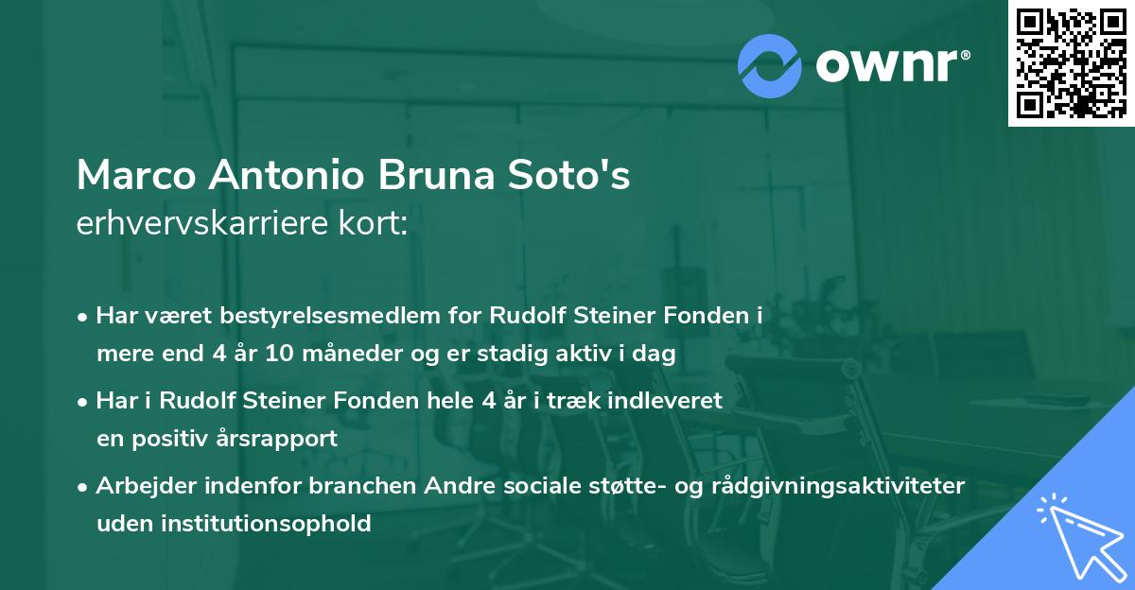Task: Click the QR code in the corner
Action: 1071,63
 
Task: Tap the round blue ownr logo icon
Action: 770,66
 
